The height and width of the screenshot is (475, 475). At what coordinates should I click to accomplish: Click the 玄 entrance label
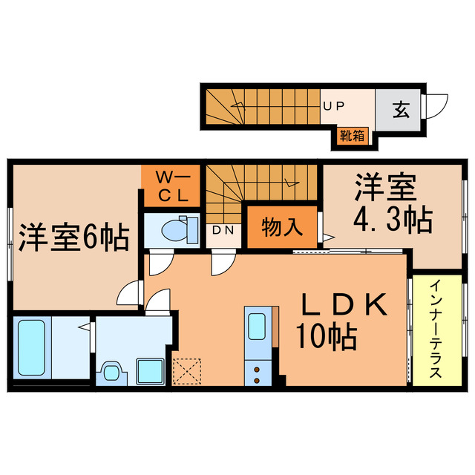pos(400,111)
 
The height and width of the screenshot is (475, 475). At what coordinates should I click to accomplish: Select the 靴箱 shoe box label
pos(352,136)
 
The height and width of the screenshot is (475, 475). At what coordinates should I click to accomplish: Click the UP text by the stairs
pos(332,106)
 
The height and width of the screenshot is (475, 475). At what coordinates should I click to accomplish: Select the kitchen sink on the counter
pos(257,326)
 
